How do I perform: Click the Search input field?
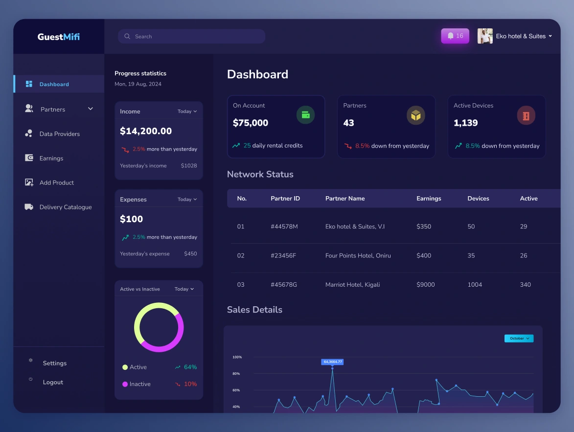191,36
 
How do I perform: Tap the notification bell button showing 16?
455,36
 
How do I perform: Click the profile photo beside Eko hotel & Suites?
485,36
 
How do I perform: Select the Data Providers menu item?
59,134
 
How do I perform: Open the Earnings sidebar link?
51,158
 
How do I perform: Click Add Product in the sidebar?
56,182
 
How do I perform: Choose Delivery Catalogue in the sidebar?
65,207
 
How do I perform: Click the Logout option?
53,382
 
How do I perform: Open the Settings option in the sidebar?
54,363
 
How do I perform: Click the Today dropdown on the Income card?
187,112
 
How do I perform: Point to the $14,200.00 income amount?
146,131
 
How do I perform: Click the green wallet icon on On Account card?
305,115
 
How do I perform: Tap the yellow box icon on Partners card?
416,115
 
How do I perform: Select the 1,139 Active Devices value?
465,123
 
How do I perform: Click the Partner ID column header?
285,199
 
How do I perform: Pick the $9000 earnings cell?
425,285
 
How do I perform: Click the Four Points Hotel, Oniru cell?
358,255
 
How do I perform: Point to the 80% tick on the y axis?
236,374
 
